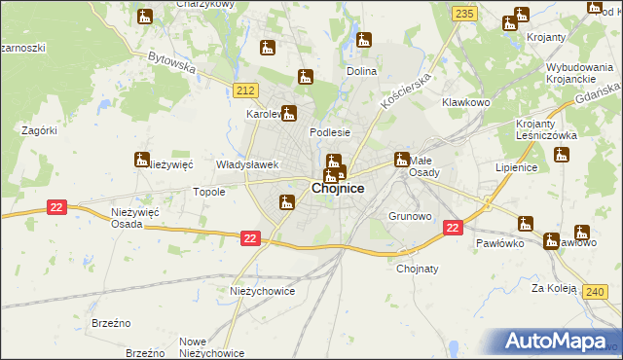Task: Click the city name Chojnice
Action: point(338,189)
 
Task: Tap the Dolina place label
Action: point(362,72)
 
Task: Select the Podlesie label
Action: point(329,132)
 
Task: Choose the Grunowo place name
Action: point(410,216)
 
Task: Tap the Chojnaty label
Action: point(418,270)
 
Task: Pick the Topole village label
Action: point(209,192)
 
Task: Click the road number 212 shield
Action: point(245,90)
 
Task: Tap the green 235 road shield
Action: point(464,13)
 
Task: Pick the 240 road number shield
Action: point(596,290)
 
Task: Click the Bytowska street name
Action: point(171,63)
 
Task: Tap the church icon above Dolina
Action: point(364,40)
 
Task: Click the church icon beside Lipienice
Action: point(562,155)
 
